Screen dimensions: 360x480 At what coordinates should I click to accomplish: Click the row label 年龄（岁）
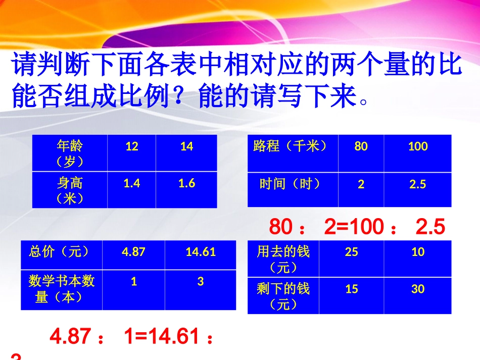(70, 153)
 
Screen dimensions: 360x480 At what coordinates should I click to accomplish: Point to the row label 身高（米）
(70, 190)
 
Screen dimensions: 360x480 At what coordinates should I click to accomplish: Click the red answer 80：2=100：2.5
(357, 227)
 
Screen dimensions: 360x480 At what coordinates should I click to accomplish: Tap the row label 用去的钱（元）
(283, 259)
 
